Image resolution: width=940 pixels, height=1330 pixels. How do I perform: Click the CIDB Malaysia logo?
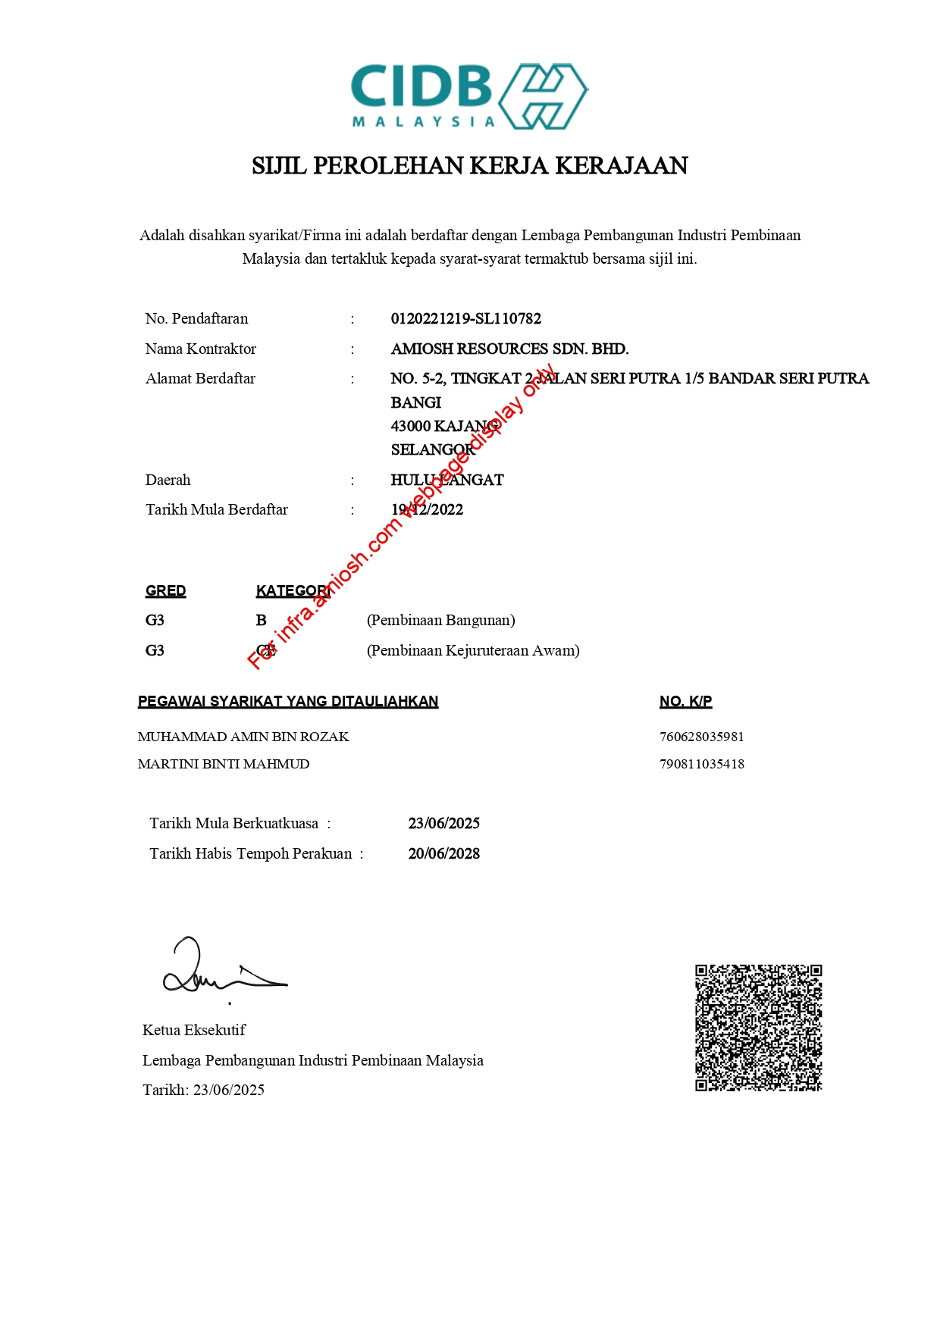(x=469, y=96)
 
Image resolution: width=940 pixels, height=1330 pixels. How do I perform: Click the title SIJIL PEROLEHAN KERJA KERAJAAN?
(x=469, y=166)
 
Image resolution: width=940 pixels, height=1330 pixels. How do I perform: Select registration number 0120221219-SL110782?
(x=465, y=319)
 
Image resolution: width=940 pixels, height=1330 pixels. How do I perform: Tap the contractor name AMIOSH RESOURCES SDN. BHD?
(x=509, y=349)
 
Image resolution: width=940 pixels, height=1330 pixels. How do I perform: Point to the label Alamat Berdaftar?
(x=200, y=379)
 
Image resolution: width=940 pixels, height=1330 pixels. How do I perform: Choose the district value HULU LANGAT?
(x=446, y=480)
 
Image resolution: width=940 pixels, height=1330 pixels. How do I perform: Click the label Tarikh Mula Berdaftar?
(x=217, y=510)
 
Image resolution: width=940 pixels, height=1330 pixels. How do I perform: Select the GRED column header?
(x=165, y=591)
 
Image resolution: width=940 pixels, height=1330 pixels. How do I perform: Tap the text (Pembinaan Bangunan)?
(x=440, y=621)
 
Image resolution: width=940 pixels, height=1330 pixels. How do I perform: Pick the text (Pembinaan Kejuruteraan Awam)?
(x=473, y=651)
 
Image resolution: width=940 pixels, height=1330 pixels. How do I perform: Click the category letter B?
(x=261, y=621)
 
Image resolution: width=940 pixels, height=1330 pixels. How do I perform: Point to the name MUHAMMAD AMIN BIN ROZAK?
(x=243, y=737)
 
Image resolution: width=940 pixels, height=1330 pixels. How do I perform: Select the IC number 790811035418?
(x=701, y=764)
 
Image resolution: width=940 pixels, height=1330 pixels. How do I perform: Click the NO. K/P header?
(x=685, y=702)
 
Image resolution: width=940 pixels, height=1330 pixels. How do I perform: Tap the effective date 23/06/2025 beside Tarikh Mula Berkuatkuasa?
(x=443, y=824)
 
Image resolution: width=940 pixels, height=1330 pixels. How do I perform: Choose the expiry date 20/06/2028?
(x=443, y=854)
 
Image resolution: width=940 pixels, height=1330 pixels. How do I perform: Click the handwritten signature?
(x=220, y=970)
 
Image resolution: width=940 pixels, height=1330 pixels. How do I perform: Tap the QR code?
(x=758, y=1028)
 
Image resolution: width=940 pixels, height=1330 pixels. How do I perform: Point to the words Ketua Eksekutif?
(x=194, y=1031)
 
